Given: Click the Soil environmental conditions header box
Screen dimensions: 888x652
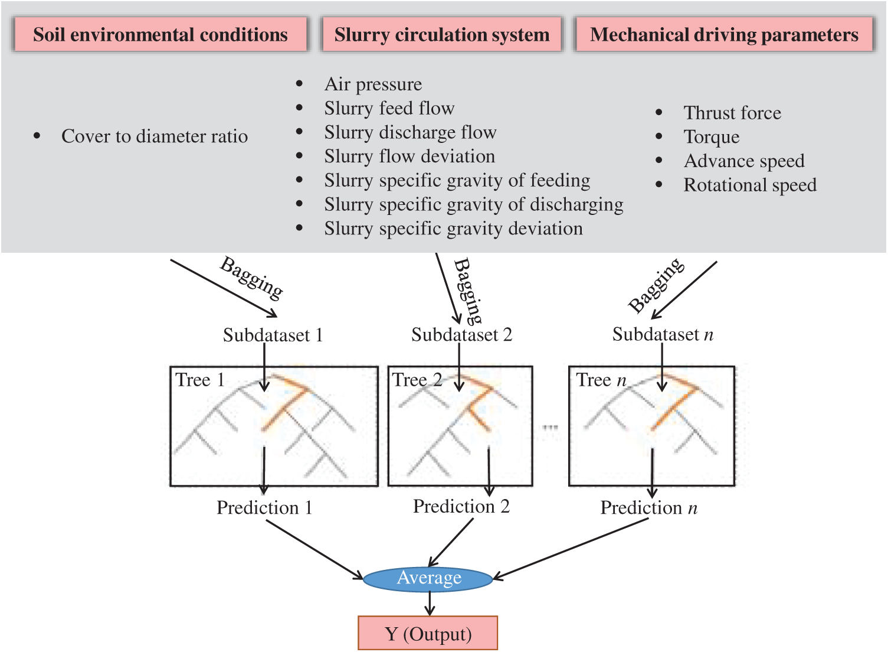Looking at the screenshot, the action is click(x=160, y=34).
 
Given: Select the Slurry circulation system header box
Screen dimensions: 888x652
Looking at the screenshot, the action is click(x=441, y=34).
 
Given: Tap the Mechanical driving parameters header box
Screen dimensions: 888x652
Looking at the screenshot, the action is click(x=724, y=34).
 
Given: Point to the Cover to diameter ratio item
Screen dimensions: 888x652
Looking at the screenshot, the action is click(x=155, y=136).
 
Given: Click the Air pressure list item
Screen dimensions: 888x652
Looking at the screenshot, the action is click(x=373, y=84).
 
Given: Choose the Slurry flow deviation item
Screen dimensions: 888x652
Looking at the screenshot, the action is click(x=409, y=157).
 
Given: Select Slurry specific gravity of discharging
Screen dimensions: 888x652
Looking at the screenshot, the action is click(x=474, y=205).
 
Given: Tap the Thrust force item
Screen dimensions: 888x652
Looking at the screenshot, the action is click(x=732, y=113).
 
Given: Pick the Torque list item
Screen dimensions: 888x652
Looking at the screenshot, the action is click(x=712, y=137).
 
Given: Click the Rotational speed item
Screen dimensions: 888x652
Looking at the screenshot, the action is click(x=750, y=185).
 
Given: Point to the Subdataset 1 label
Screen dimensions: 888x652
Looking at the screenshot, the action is click(x=273, y=335).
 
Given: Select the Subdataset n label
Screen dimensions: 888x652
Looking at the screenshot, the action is click(x=663, y=334).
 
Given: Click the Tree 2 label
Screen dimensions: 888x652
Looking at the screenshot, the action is click(x=417, y=380).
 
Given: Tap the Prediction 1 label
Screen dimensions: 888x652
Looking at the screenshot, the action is click(x=264, y=507).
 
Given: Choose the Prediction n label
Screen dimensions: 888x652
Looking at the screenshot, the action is click(x=649, y=507).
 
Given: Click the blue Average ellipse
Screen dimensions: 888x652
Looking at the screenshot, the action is click(x=428, y=579).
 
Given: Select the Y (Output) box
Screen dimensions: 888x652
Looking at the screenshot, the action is click(x=428, y=633).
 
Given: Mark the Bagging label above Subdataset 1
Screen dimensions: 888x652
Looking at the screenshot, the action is click(x=252, y=278).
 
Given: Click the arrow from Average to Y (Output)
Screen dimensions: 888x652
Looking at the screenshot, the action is click(x=430, y=604).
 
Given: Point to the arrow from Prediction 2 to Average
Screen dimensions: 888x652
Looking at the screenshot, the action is click(x=451, y=543).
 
